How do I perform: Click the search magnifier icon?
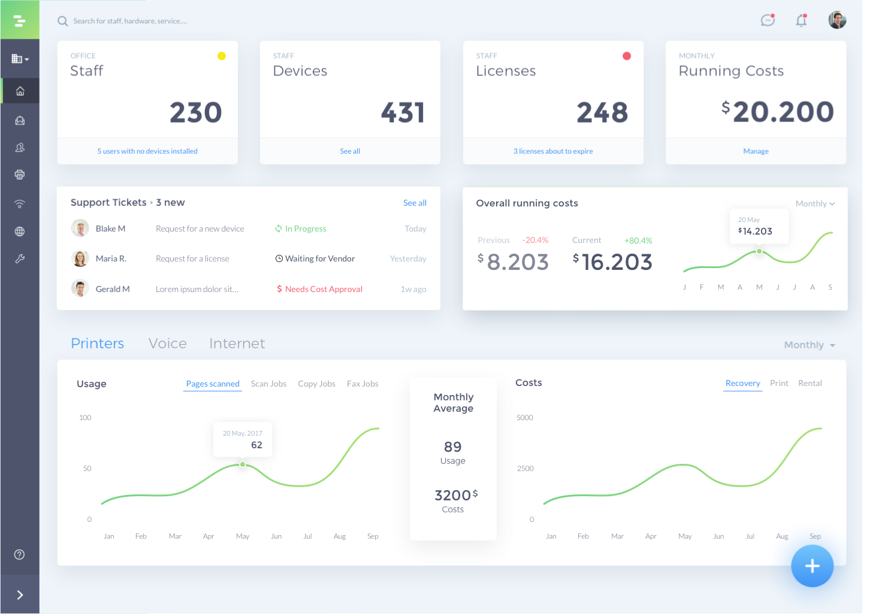click(x=62, y=21)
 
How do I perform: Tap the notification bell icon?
click(x=801, y=20)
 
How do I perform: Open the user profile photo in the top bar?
click(x=837, y=20)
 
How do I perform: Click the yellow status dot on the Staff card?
click(x=221, y=56)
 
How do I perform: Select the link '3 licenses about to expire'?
click(x=553, y=151)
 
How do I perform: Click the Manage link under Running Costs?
click(x=756, y=151)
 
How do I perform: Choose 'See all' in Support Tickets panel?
click(x=415, y=203)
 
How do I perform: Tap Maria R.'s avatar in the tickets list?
click(x=80, y=259)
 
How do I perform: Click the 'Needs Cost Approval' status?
click(x=319, y=289)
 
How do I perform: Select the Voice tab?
click(x=167, y=344)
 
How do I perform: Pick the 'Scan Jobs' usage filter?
click(x=268, y=384)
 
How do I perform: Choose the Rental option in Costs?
click(x=810, y=383)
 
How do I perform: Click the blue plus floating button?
click(x=812, y=566)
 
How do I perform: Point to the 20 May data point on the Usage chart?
click(x=242, y=464)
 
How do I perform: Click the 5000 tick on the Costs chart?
click(x=524, y=418)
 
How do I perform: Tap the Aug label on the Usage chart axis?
click(x=340, y=536)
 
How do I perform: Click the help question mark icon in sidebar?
click(x=19, y=555)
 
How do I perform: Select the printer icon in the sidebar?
click(x=20, y=175)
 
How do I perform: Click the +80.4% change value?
click(x=638, y=241)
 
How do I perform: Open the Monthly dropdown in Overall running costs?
click(x=815, y=203)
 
